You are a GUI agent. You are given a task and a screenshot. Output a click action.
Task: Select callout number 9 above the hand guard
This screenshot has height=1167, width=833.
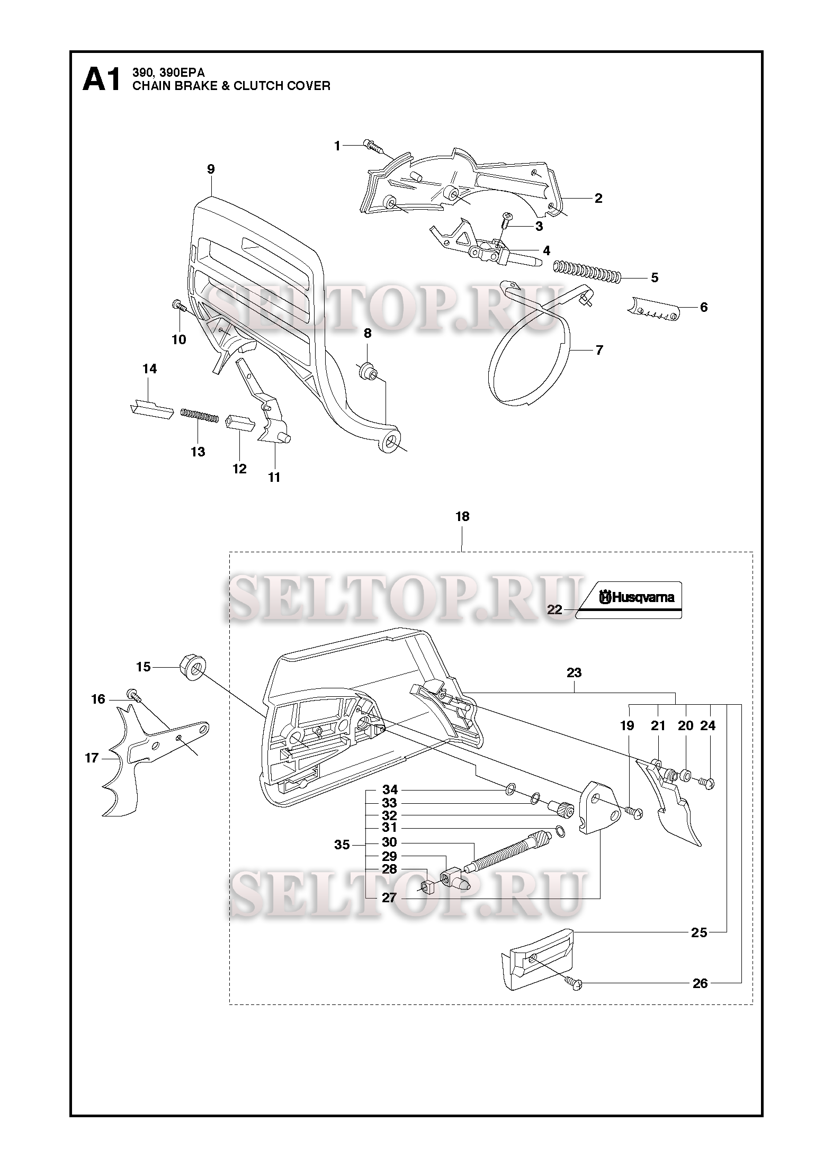[x=211, y=169]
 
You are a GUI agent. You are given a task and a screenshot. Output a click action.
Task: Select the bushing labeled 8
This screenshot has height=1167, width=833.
[x=368, y=370]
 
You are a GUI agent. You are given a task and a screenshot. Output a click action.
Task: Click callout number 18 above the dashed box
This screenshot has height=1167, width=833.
[x=462, y=516]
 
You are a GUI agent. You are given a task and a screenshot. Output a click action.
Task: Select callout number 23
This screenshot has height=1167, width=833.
[x=574, y=672]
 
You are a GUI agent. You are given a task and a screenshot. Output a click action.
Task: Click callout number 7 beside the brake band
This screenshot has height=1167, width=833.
[x=599, y=350]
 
